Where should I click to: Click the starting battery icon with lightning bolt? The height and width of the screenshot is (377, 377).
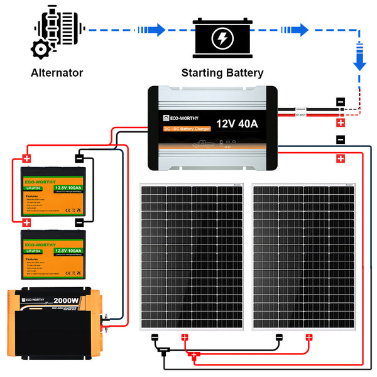tap(222, 36)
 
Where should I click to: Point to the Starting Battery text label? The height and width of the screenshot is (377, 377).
tap(222, 73)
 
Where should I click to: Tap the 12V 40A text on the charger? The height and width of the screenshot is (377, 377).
tap(237, 123)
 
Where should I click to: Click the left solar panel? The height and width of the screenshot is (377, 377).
tap(191, 256)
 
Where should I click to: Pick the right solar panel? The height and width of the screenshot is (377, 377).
tap(303, 256)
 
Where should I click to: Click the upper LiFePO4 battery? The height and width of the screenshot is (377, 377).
tap(52, 190)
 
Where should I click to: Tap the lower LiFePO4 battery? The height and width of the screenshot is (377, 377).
tap(52, 253)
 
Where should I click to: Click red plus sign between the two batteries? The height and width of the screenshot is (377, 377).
tap(26, 222)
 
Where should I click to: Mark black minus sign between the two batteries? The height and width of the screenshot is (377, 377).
tap(79, 222)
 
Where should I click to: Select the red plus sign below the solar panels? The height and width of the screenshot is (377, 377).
tap(195, 356)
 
